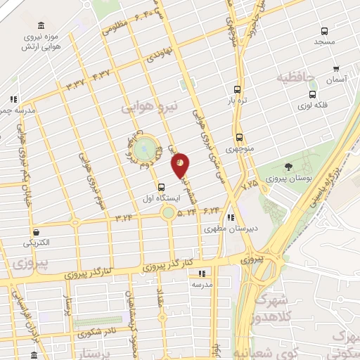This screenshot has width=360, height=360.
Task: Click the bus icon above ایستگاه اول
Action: [x=162, y=187]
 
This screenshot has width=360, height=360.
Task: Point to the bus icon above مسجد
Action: [x=324, y=31]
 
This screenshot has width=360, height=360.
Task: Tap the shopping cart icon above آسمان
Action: [x=337, y=69]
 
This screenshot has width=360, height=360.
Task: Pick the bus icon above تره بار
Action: [x=237, y=89]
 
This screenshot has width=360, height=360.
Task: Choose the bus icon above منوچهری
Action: [x=240, y=137]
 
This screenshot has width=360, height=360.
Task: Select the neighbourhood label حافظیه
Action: [x=295, y=77]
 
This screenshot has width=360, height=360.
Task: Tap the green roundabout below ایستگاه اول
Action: [x=168, y=213]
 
